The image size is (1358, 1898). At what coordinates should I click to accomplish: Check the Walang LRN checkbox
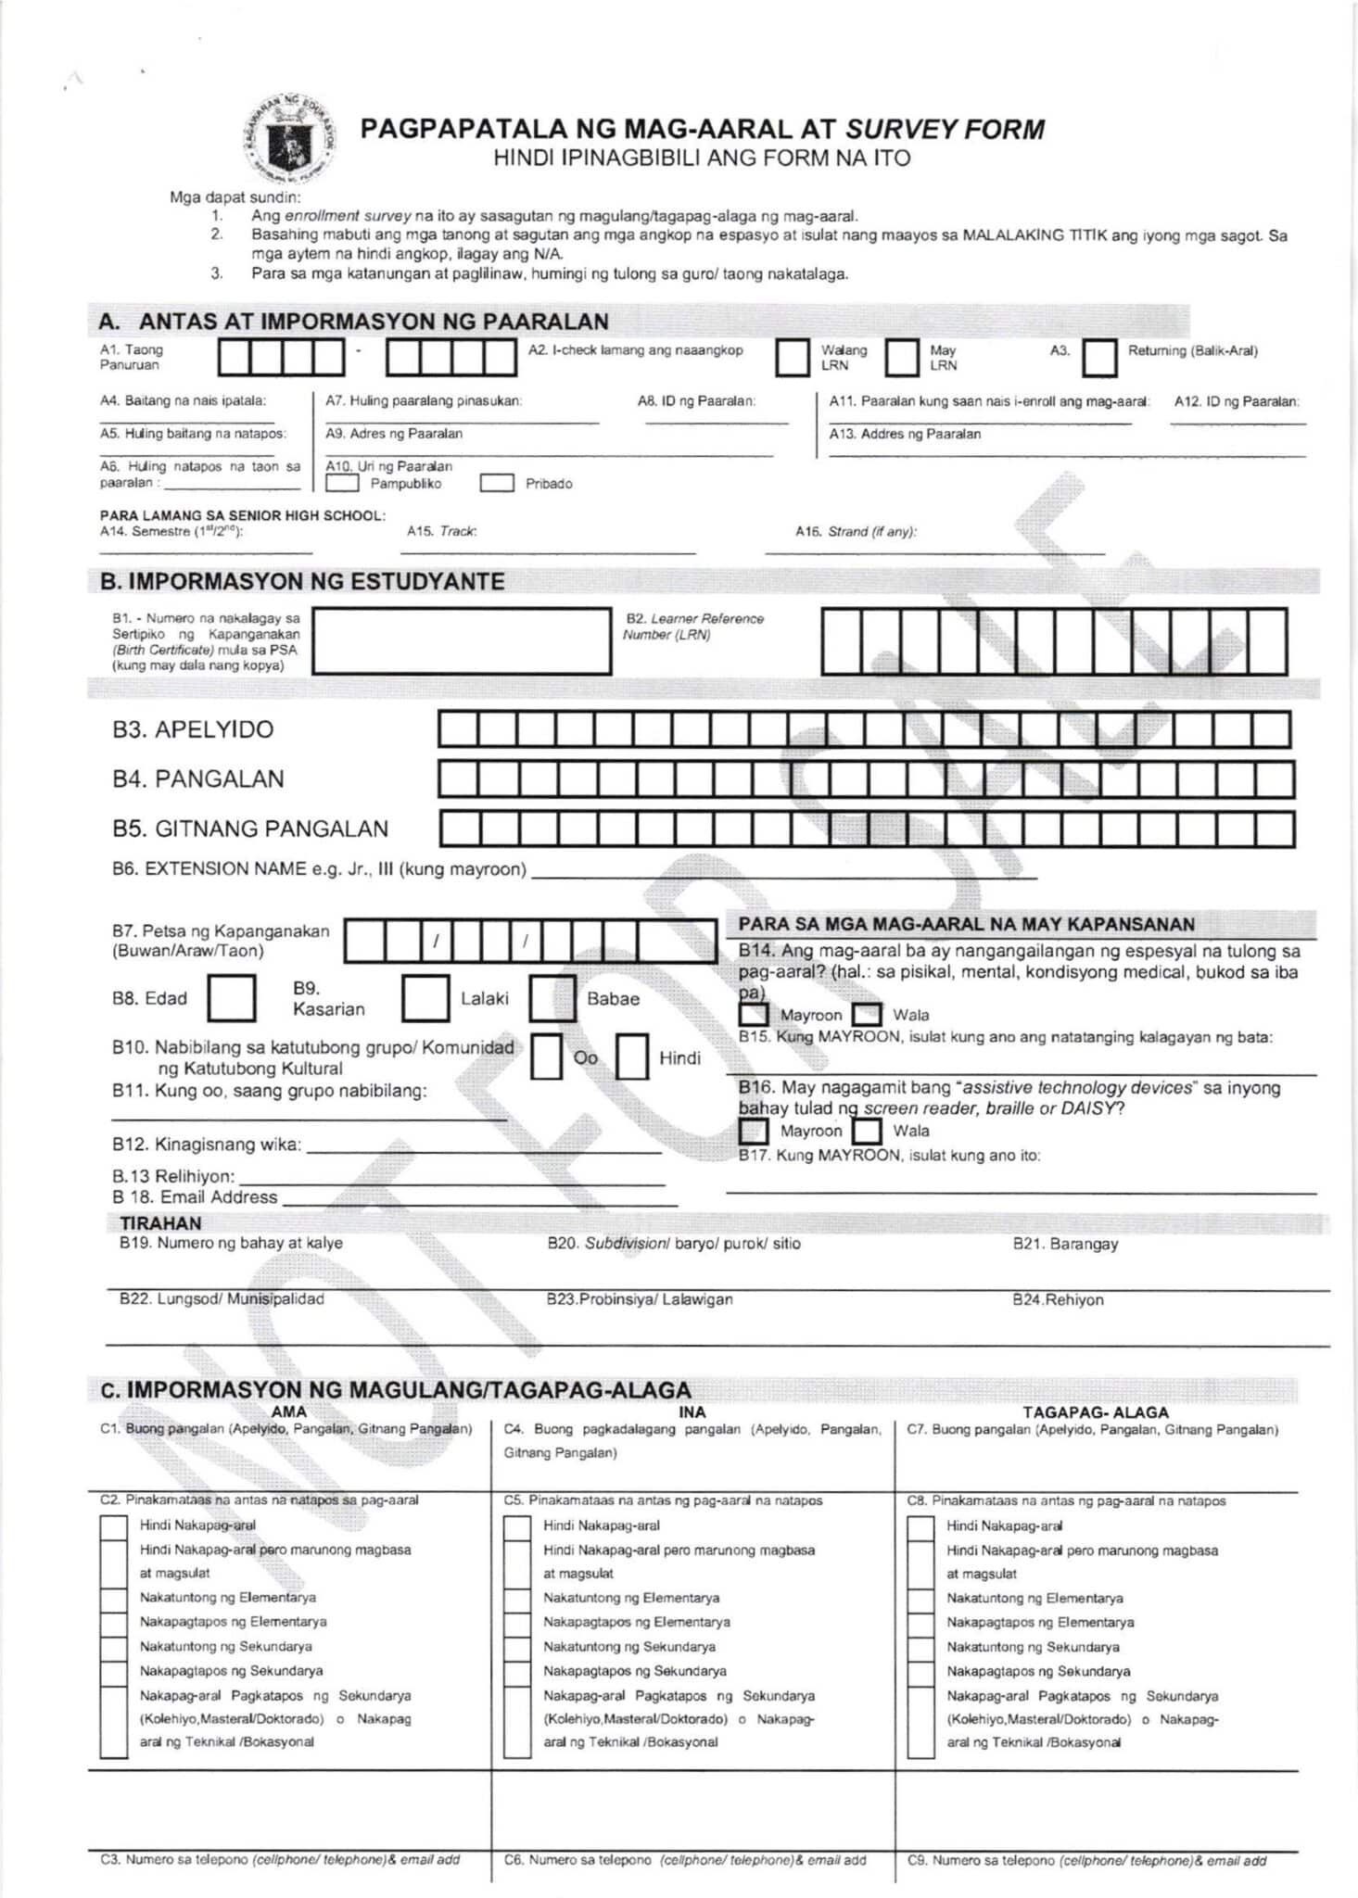pyautogui.click(x=792, y=358)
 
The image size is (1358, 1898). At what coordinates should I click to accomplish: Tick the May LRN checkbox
pyautogui.click(x=901, y=358)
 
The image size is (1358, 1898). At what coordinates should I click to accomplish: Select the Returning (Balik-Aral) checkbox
pyautogui.click(x=1099, y=358)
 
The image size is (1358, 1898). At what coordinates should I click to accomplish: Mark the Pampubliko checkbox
pyautogui.click(x=343, y=483)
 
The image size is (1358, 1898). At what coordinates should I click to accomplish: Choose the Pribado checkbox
pyautogui.click(x=497, y=483)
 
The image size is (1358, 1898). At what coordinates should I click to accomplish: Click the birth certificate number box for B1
pyautogui.click(x=462, y=640)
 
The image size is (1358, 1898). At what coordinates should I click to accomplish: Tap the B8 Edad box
pyautogui.click(x=232, y=997)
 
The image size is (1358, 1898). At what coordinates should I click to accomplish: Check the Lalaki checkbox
pyautogui.click(x=425, y=997)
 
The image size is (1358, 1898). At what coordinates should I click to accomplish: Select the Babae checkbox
pyautogui.click(x=552, y=997)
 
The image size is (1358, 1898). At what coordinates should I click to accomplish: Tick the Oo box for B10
pyautogui.click(x=546, y=1057)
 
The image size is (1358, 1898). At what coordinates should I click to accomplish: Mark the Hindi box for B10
pyautogui.click(x=631, y=1057)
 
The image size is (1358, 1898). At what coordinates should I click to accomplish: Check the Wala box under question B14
pyautogui.click(x=867, y=1014)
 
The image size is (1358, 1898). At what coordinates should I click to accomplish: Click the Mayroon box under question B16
pyautogui.click(x=754, y=1131)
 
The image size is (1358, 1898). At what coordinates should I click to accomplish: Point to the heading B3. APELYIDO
pyautogui.click(x=193, y=729)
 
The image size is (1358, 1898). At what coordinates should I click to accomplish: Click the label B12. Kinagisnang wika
pyautogui.click(x=207, y=1144)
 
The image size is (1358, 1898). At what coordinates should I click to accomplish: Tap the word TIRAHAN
pyautogui.click(x=160, y=1222)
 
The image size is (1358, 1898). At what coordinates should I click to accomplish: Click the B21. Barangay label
pyautogui.click(x=1065, y=1244)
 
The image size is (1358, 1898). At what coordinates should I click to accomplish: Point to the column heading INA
pyautogui.click(x=692, y=1411)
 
